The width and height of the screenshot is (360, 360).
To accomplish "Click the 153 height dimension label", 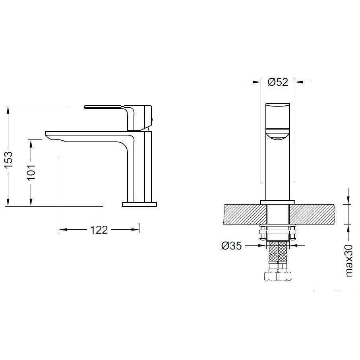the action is click(x=9, y=160).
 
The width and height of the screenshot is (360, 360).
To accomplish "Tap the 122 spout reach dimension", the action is click(x=99, y=230).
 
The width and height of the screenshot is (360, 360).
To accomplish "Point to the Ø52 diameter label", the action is click(x=278, y=82).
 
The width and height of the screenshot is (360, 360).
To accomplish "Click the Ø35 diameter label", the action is click(x=232, y=246).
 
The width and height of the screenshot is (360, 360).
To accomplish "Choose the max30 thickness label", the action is click(x=348, y=261).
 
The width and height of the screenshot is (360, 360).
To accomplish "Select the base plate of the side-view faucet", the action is click(x=139, y=205).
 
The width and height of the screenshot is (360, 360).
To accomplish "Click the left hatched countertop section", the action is click(x=245, y=214).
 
